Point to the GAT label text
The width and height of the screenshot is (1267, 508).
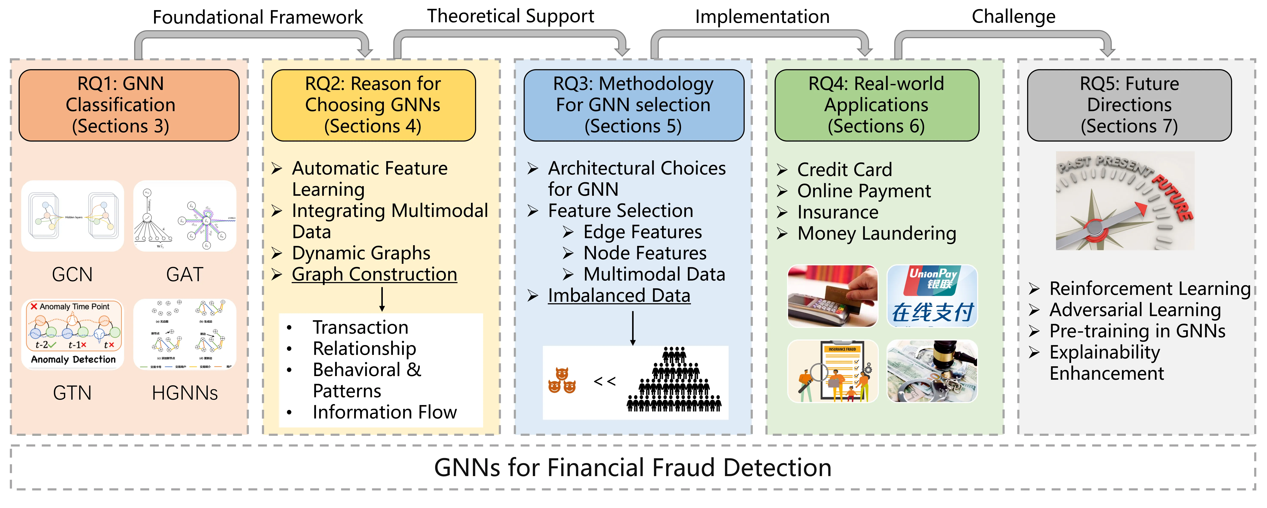pyautogui.click(x=184, y=274)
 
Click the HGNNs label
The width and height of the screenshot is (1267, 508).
pyautogui.click(x=184, y=393)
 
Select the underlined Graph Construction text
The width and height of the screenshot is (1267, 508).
pyautogui.click(x=374, y=274)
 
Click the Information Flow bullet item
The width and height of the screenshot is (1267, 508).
pyautogui.click(x=385, y=412)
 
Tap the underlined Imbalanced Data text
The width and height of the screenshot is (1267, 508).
pyautogui.click(x=619, y=295)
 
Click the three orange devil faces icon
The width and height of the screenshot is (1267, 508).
pyautogui.click(x=562, y=381)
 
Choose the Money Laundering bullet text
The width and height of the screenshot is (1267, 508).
pyautogui.click(x=876, y=233)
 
